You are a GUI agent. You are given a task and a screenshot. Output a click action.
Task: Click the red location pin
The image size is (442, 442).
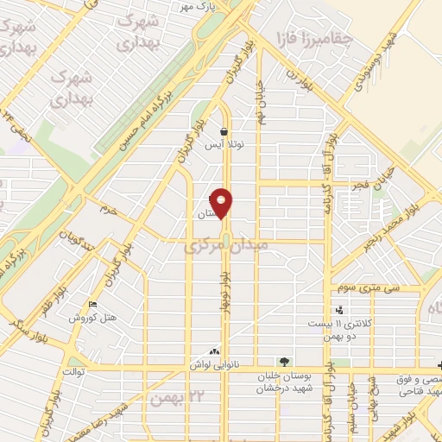[x=223, y=202]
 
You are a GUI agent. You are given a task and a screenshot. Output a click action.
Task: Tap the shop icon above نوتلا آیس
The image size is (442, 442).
[x=224, y=132]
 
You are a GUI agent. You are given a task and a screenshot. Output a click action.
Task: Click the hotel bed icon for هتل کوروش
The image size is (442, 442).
[x=94, y=305]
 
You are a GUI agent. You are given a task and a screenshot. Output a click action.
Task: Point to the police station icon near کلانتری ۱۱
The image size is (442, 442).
[x=339, y=310]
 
